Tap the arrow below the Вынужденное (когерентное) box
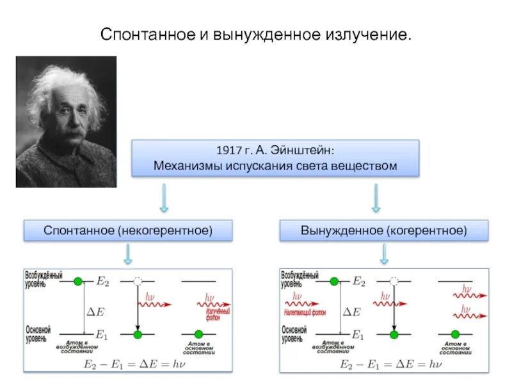[384, 253]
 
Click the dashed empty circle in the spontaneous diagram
[137, 281]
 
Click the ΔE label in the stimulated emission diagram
[351, 312]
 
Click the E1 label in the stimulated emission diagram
[358, 335]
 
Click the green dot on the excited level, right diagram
[333, 281]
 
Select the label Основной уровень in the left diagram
[38, 333]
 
